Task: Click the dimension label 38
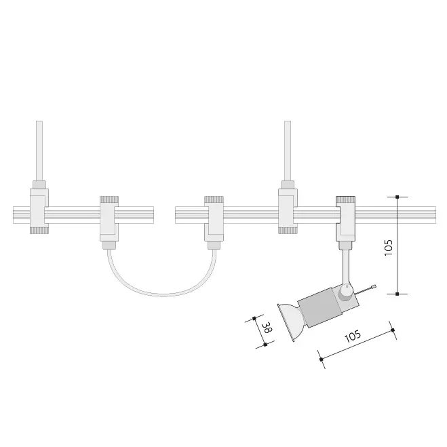[267, 328]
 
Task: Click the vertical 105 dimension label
[389, 248]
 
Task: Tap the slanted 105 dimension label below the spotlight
[353, 336]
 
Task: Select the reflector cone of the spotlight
[290, 322]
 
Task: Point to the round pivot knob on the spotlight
[346, 293]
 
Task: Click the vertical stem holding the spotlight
[346, 267]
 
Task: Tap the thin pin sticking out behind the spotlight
[365, 290]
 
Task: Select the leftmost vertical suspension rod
[39, 151]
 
